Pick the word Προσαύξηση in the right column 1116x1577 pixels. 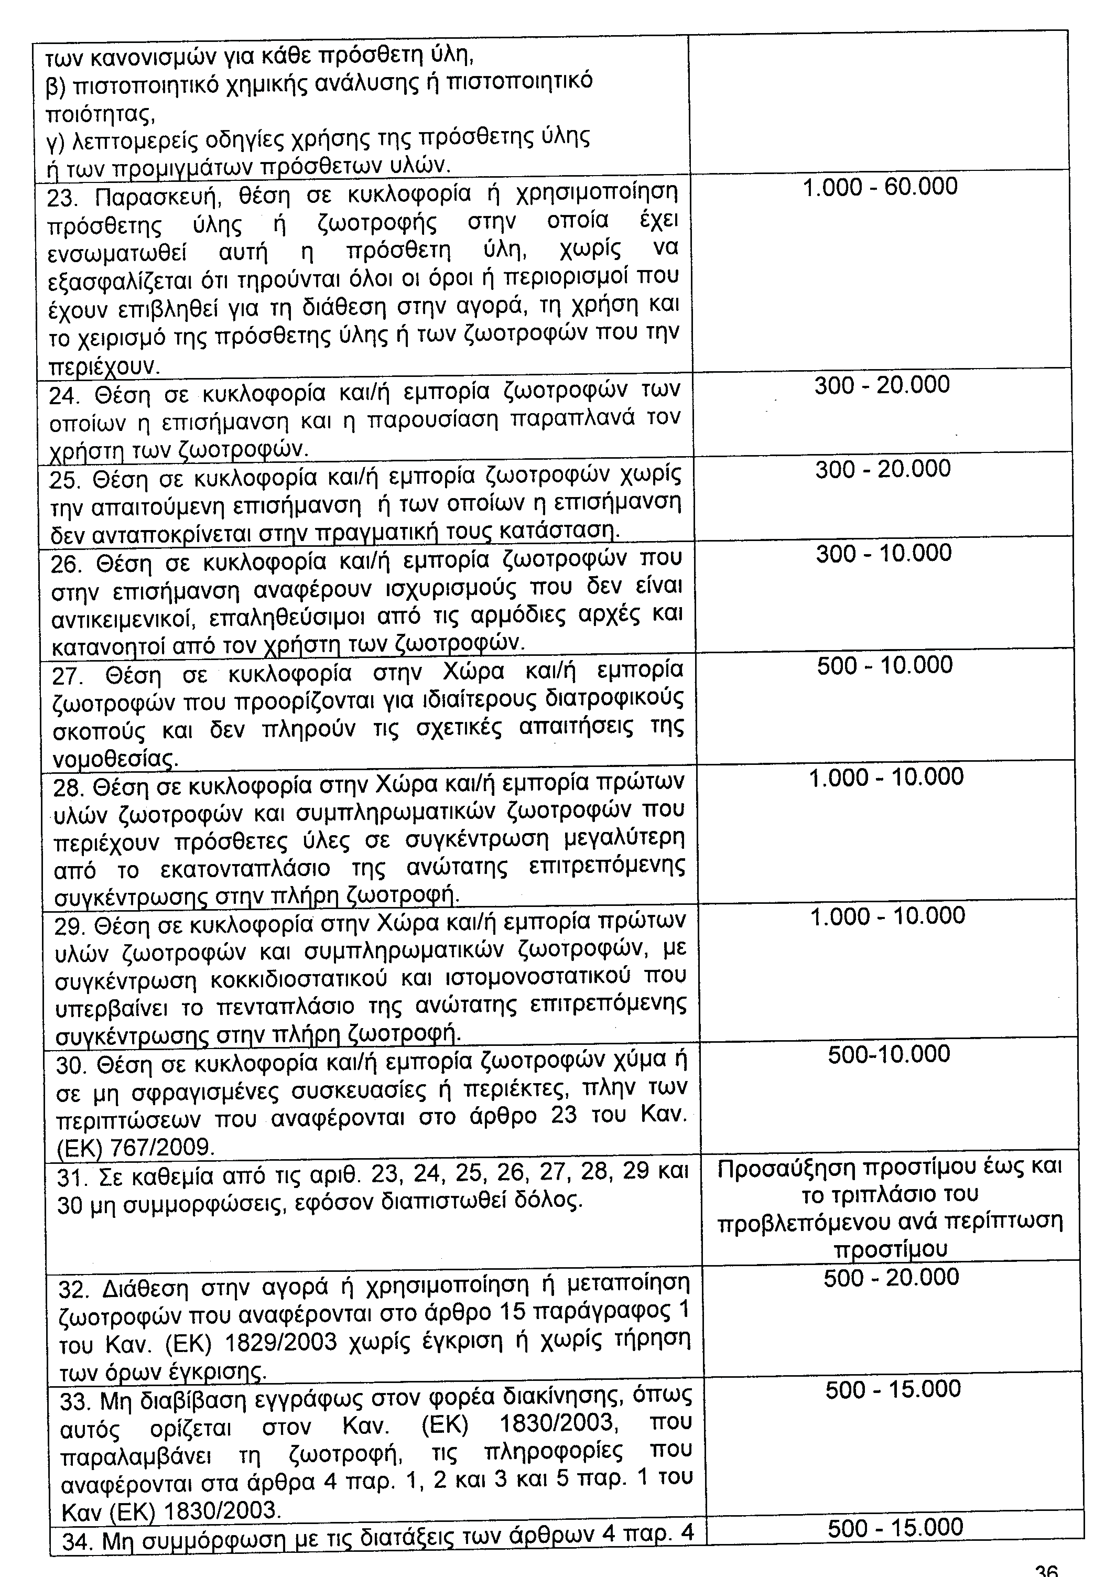click(786, 1168)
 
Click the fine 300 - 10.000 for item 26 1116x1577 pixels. click(884, 553)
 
